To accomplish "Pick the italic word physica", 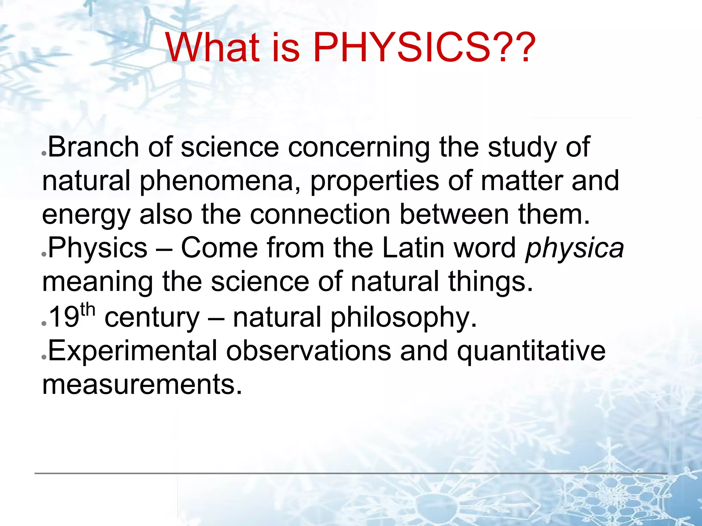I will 574,249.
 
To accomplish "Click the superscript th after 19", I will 87,310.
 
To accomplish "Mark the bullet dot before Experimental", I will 44,357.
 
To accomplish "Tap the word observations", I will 308,351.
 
